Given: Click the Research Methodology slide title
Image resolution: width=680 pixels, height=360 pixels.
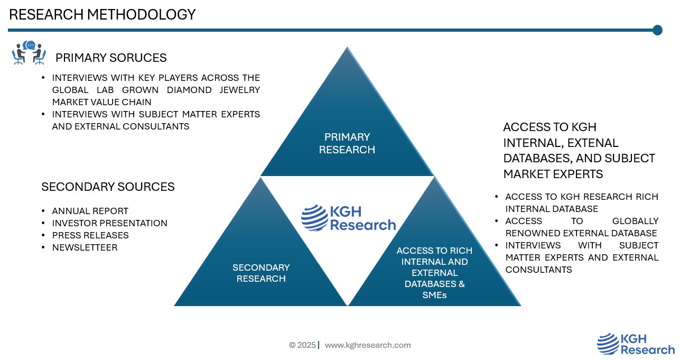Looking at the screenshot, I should coord(102,15).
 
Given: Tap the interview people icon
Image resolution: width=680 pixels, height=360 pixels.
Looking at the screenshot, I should coord(29,53).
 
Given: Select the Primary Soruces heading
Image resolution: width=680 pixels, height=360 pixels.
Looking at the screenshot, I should coord(111,58).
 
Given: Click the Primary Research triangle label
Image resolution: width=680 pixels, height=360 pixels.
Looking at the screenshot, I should coord(347,143).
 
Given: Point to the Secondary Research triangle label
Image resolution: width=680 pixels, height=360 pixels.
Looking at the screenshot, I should coord(261,273).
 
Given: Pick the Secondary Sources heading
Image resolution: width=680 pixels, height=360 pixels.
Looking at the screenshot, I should coord(108,187).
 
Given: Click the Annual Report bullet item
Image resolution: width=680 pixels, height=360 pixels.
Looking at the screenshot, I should coord(90,211).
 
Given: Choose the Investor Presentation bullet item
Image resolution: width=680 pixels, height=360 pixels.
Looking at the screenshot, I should coord(109,223).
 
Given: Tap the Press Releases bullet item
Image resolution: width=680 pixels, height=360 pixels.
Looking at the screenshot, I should coord(90,235).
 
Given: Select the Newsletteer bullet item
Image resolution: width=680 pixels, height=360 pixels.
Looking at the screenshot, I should coord(85,247).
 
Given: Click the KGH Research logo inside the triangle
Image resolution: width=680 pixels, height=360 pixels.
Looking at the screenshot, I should coord(348,218).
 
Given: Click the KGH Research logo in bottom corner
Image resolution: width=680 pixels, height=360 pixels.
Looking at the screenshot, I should coord(636,344).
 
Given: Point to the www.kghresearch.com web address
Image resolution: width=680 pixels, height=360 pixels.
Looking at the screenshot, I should coord(367,345).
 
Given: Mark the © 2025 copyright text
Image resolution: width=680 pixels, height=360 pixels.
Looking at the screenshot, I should coord(302,345).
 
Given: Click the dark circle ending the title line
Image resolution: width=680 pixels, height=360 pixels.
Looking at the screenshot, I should coord(657,30).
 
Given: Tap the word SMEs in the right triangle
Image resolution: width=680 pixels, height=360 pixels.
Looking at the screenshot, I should coord(434,295).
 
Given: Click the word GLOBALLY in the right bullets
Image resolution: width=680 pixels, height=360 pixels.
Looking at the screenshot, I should coord(635,221).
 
